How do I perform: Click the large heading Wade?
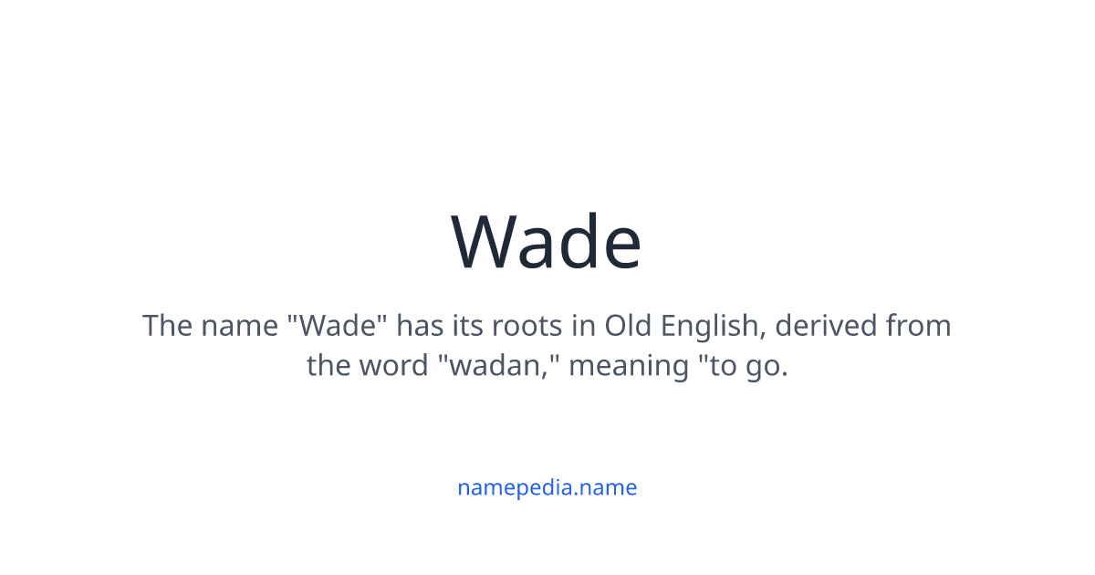click(x=547, y=242)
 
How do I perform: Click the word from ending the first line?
click(x=916, y=326)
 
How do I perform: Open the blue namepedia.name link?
click(x=547, y=487)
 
